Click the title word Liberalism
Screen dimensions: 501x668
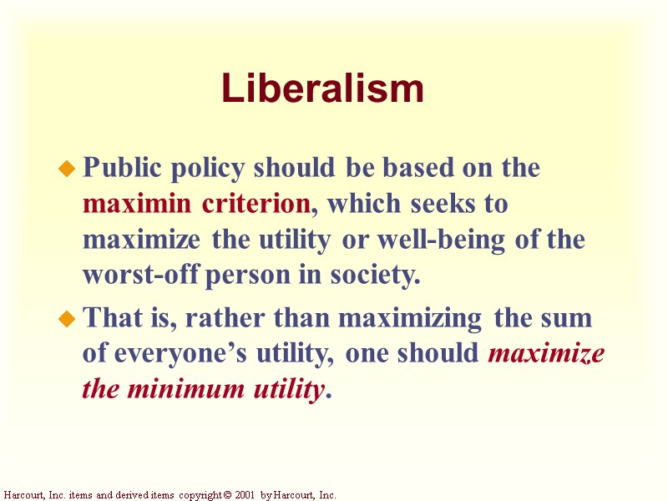pyautogui.click(x=322, y=89)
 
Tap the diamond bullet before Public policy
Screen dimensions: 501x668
pyautogui.click(x=66, y=170)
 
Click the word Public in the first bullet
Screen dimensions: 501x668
pyautogui.click(x=114, y=168)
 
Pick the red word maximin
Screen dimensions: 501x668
pyautogui.click(x=139, y=204)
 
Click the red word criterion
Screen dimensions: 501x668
pyautogui.click(x=255, y=204)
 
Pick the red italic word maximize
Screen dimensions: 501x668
pyautogui.click(x=546, y=354)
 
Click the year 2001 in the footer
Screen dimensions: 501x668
pyautogui.click(x=244, y=495)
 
